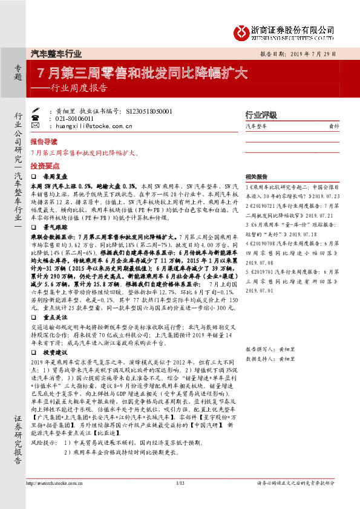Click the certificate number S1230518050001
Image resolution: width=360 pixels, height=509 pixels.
click(149, 112)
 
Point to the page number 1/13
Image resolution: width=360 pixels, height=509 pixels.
click(179, 483)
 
